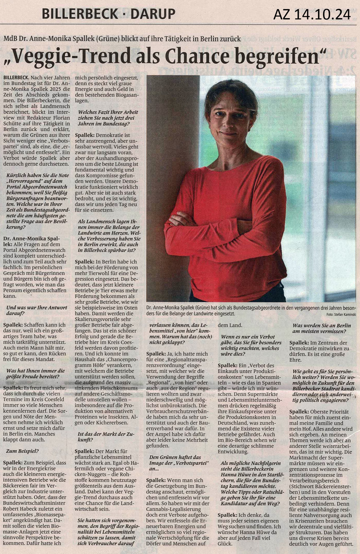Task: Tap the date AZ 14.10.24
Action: point(312,14)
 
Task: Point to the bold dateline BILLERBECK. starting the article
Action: point(16,79)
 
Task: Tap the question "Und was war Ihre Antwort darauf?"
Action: point(31,311)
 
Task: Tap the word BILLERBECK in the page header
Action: point(74,14)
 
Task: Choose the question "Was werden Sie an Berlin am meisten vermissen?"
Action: point(319,328)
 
